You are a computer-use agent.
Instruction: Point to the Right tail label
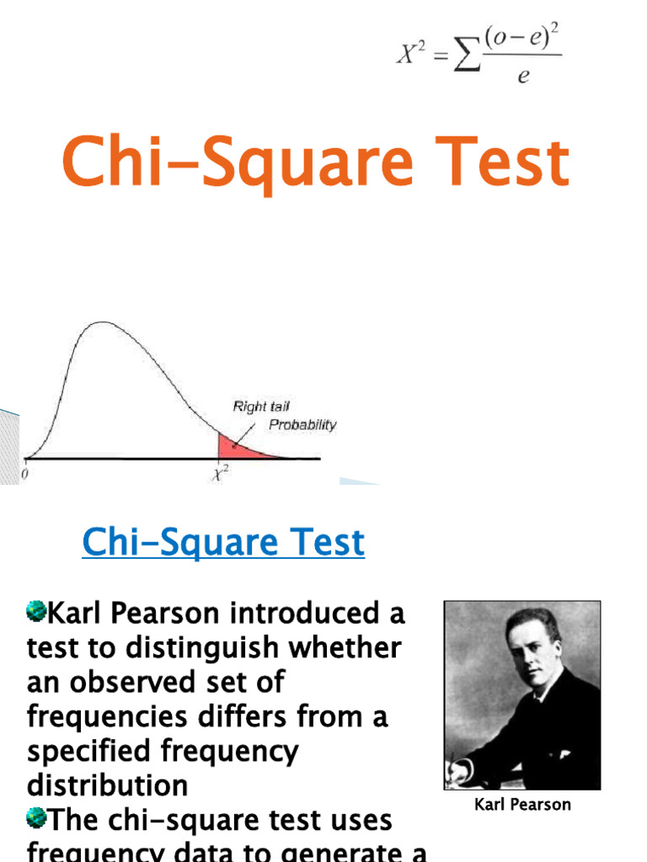pyautogui.click(x=261, y=407)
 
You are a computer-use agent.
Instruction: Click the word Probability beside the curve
pyautogui.click(x=302, y=425)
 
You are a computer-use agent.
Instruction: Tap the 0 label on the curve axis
pyautogui.click(x=24, y=473)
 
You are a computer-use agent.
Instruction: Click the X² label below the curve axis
pyautogui.click(x=220, y=476)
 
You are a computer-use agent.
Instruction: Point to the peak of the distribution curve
pyautogui.click(x=101, y=323)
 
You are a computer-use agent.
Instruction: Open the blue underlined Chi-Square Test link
pyautogui.click(x=223, y=543)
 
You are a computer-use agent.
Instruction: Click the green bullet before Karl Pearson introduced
pyautogui.click(x=35, y=611)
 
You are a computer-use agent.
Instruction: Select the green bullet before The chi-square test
pyautogui.click(x=35, y=817)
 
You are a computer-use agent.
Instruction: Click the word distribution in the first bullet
pyautogui.click(x=107, y=786)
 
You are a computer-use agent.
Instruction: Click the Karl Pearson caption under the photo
pyautogui.click(x=522, y=805)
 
